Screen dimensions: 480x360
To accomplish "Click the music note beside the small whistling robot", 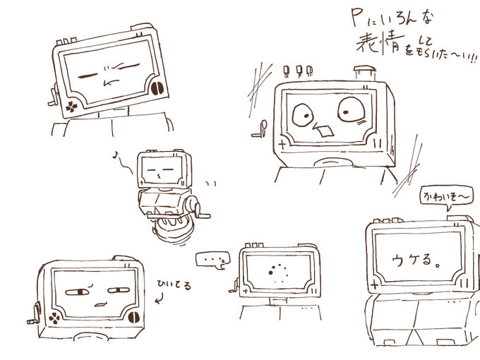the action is (116, 153).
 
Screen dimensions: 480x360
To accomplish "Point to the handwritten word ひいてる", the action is (174, 285).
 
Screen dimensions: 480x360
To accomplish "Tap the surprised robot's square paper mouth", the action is (326, 131).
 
